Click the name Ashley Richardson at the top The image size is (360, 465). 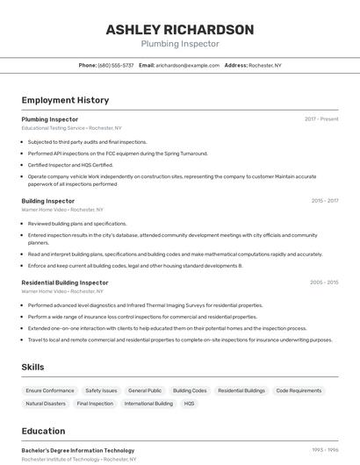[x=179, y=29]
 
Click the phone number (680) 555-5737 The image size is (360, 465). [x=116, y=65]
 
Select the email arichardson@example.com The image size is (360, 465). [x=188, y=65]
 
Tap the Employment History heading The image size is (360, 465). [x=65, y=100]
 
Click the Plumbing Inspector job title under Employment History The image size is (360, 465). [x=50, y=118]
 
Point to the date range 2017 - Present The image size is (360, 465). [x=321, y=118]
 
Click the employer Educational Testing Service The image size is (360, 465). [x=54, y=128]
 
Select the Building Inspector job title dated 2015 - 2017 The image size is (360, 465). [x=48, y=200]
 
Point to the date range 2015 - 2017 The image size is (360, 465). [x=324, y=200]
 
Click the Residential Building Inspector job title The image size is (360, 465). [x=65, y=283]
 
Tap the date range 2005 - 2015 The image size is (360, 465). [x=324, y=283]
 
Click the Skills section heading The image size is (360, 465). [x=32, y=367]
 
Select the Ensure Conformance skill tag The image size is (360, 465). [x=50, y=390]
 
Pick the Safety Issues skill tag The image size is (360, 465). [x=101, y=390]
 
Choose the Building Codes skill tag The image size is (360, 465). [x=190, y=390]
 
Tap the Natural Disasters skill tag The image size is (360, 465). [x=46, y=404]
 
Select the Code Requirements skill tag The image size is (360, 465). [x=299, y=390]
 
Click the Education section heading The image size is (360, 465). [x=43, y=431]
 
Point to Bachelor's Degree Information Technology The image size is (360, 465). [x=78, y=450]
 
